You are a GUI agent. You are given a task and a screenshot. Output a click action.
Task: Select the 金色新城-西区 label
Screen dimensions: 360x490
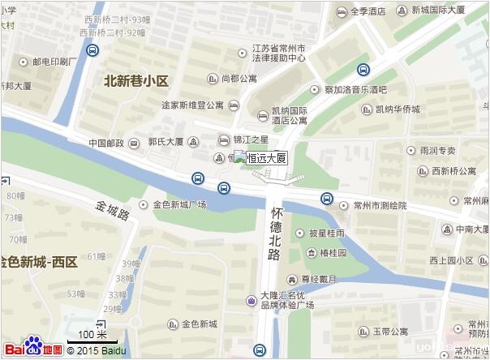39,262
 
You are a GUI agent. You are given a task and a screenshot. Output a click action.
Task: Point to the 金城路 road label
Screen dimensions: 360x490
112,210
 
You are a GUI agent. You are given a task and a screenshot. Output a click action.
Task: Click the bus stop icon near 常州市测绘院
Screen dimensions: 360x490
326,198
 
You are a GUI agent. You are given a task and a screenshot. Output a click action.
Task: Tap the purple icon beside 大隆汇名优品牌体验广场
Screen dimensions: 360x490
251,301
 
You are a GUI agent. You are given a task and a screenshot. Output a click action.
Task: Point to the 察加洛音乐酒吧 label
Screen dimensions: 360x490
350,89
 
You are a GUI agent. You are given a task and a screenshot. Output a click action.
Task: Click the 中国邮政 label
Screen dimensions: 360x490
107,143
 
